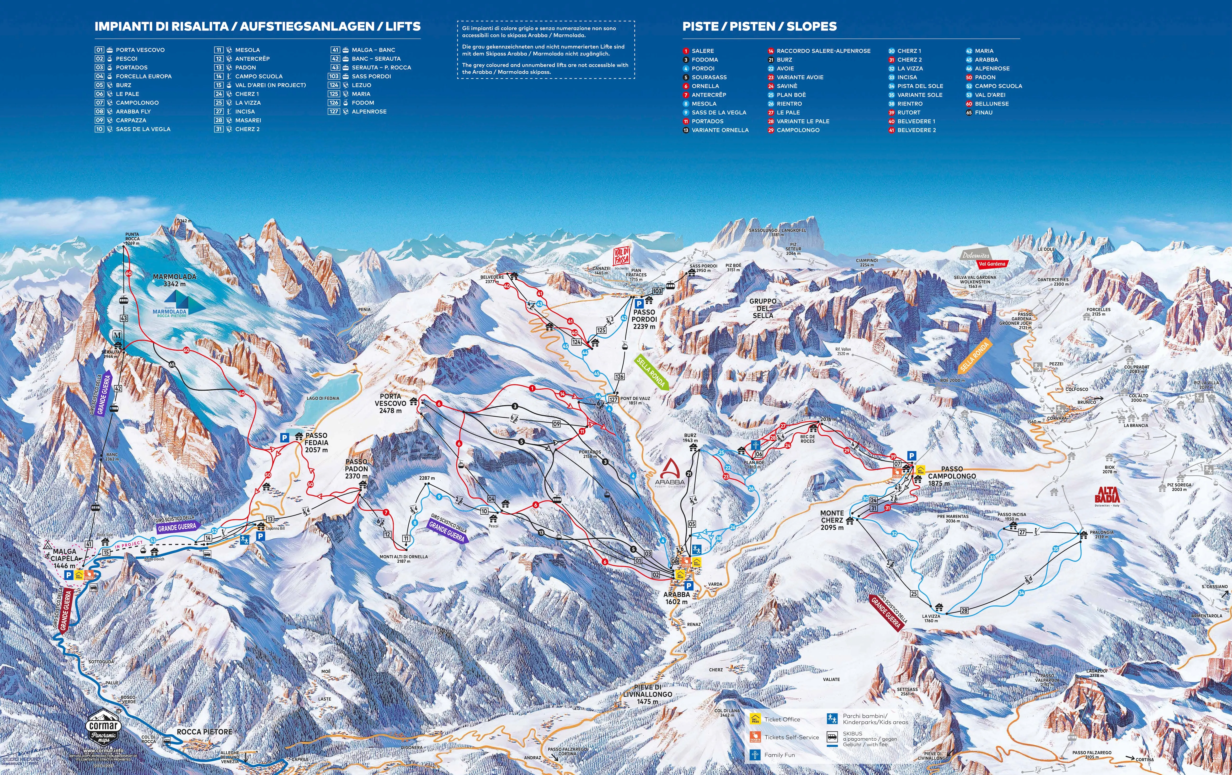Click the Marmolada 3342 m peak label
(175, 280)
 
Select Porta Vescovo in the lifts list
(140, 50)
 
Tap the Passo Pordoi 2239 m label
(644, 319)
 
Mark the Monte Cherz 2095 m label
(832, 520)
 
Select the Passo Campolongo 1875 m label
(952, 476)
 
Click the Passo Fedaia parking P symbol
(284, 438)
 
